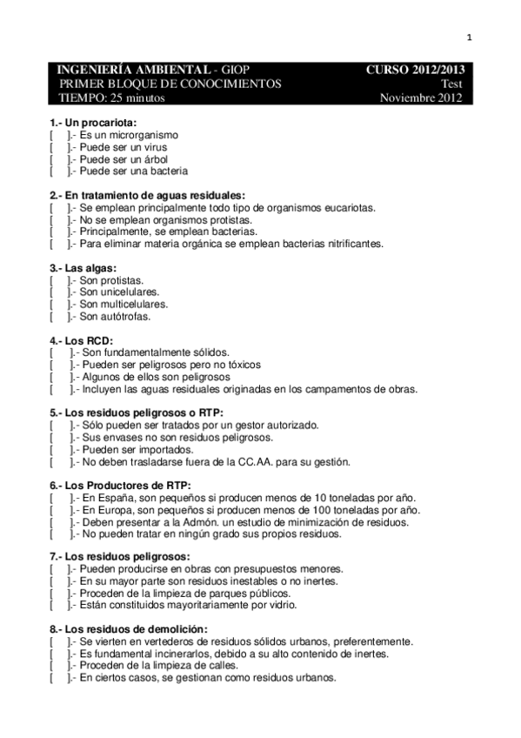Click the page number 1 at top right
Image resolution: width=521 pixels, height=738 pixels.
coord(469,37)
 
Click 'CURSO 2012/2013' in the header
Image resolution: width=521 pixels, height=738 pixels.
coord(415,70)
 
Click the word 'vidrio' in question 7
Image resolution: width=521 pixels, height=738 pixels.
coord(282,605)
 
